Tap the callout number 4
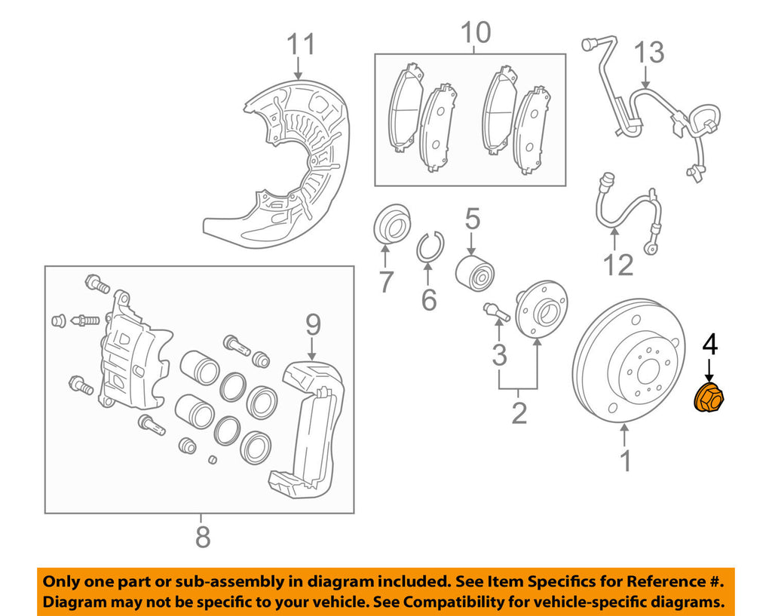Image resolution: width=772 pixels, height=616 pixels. (x=709, y=345)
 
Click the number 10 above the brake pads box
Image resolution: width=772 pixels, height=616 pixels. (x=474, y=32)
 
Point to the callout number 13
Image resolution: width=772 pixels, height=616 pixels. (x=648, y=54)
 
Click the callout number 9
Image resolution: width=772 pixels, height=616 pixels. (x=313, y=325)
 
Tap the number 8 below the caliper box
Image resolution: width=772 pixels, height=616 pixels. (x=201, y=538)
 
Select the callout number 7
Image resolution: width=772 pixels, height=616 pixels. (x=385, y=282)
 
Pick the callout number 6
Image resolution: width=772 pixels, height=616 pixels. (x=428, y=300)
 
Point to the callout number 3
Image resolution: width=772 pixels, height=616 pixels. (x=499, y=354)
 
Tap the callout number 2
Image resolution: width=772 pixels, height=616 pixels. (x=519, y=413)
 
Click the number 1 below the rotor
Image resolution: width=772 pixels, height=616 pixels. (x=625, y=460)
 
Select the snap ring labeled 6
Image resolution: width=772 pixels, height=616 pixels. (x=431, y=247)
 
